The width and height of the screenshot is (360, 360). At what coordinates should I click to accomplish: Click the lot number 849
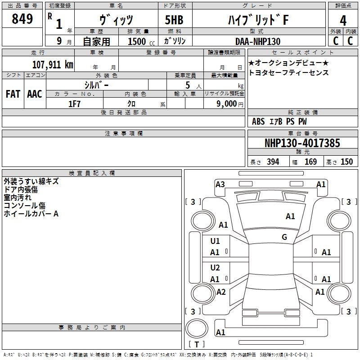(22, 18)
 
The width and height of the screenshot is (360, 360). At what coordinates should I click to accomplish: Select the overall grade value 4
(343, 21)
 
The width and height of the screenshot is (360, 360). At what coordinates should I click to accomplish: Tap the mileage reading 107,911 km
(53, 65)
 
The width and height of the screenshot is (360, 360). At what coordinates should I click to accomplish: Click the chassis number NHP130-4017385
(302, 143)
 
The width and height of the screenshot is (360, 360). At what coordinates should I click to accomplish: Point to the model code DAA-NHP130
(258, 41)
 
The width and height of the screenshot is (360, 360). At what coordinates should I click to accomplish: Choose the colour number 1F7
(74, 104)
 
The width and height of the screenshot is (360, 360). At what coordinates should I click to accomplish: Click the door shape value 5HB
(174, 20)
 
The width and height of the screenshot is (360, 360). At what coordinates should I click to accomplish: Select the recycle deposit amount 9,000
(227, 103)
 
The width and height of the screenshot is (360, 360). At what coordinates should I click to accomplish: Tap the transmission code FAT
(13, 94)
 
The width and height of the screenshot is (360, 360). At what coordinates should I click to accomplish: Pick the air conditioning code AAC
(35, 94)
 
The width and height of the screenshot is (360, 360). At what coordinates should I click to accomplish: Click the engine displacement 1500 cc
(141, 41)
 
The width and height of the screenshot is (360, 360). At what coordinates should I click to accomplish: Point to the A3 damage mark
(220, 184)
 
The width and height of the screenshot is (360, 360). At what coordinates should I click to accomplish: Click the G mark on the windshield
(284, 237)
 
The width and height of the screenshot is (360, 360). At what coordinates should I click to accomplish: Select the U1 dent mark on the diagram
(215, 241)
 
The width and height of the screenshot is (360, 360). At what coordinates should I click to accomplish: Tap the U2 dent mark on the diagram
(215, 267)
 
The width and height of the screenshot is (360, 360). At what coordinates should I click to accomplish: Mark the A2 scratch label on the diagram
(221, 292)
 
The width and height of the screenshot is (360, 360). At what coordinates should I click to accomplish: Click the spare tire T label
(197, 344)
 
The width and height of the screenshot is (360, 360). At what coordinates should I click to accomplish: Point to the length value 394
(273, 162)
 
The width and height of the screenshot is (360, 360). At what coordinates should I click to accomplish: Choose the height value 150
(346, 162)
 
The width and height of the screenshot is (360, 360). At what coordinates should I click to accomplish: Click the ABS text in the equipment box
(258, 121)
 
